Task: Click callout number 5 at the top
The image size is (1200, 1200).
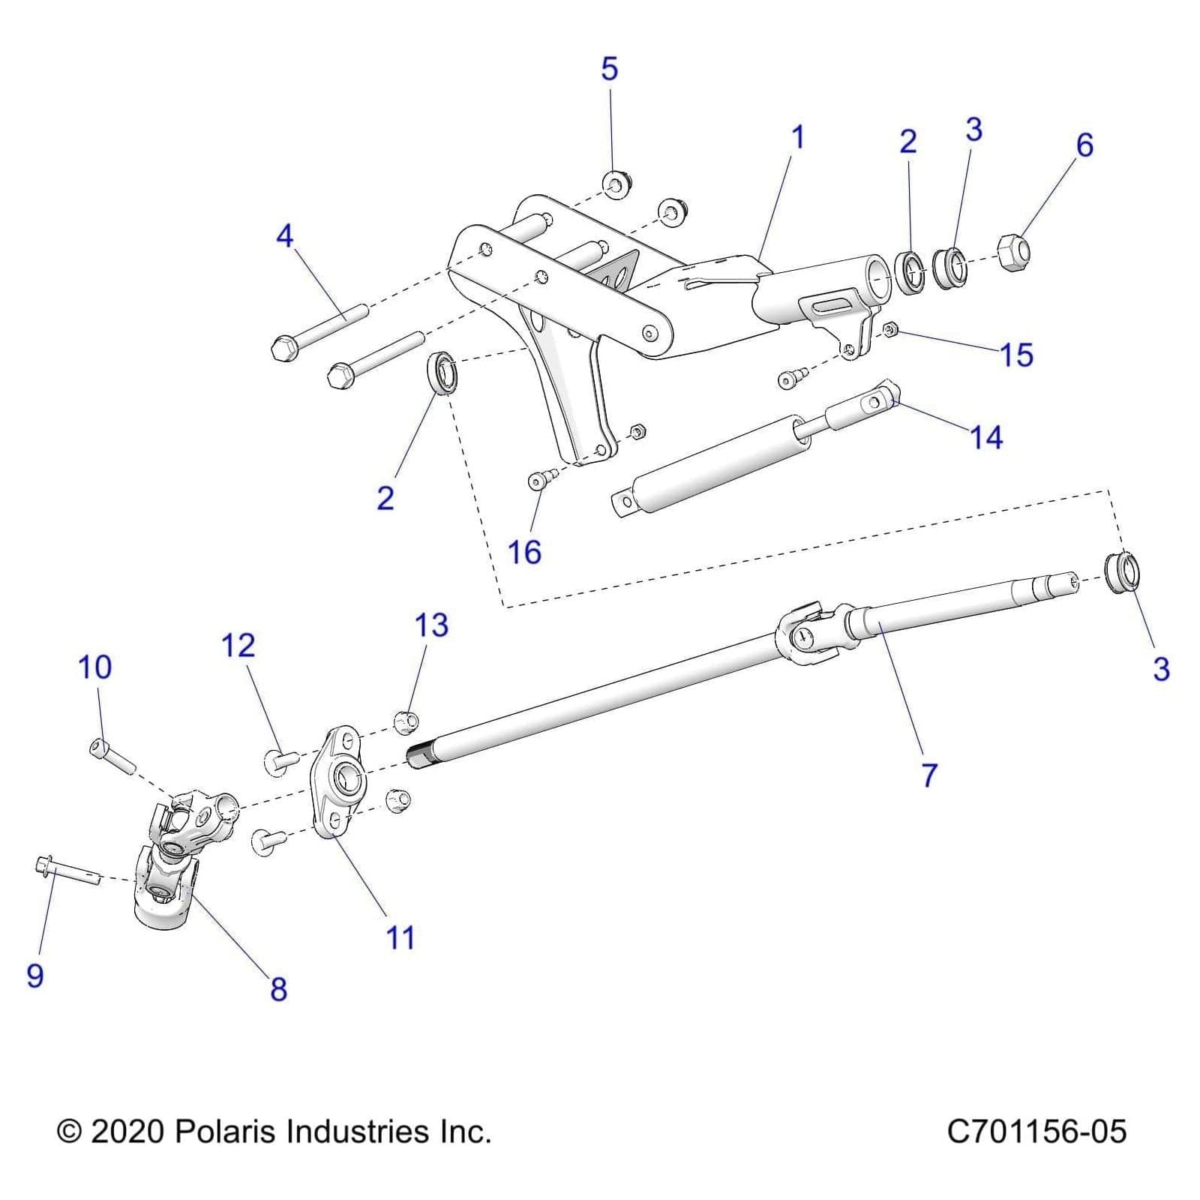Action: [609, 69]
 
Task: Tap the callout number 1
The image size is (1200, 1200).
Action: [798, 138]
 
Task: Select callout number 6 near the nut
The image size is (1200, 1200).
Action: [1084, 145]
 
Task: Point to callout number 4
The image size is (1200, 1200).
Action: [284, 237]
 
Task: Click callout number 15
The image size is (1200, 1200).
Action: [1017, 355]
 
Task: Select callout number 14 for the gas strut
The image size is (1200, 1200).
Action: [986, 437]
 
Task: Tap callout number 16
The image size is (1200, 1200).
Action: [524, 553]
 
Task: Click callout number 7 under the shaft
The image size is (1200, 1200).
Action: [929, 775]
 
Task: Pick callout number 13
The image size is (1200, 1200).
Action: [431, 625]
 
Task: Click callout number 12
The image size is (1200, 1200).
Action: [238, 646]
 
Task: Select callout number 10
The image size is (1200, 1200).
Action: [95, 667]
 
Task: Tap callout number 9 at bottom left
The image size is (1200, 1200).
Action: [35, 976]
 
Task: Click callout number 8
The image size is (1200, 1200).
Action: [278, 989]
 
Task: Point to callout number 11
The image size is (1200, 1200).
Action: [400, 937]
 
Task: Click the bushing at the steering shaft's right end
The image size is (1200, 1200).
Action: [1123, 574]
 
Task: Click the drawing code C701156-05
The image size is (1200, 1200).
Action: [1036, 1132]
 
